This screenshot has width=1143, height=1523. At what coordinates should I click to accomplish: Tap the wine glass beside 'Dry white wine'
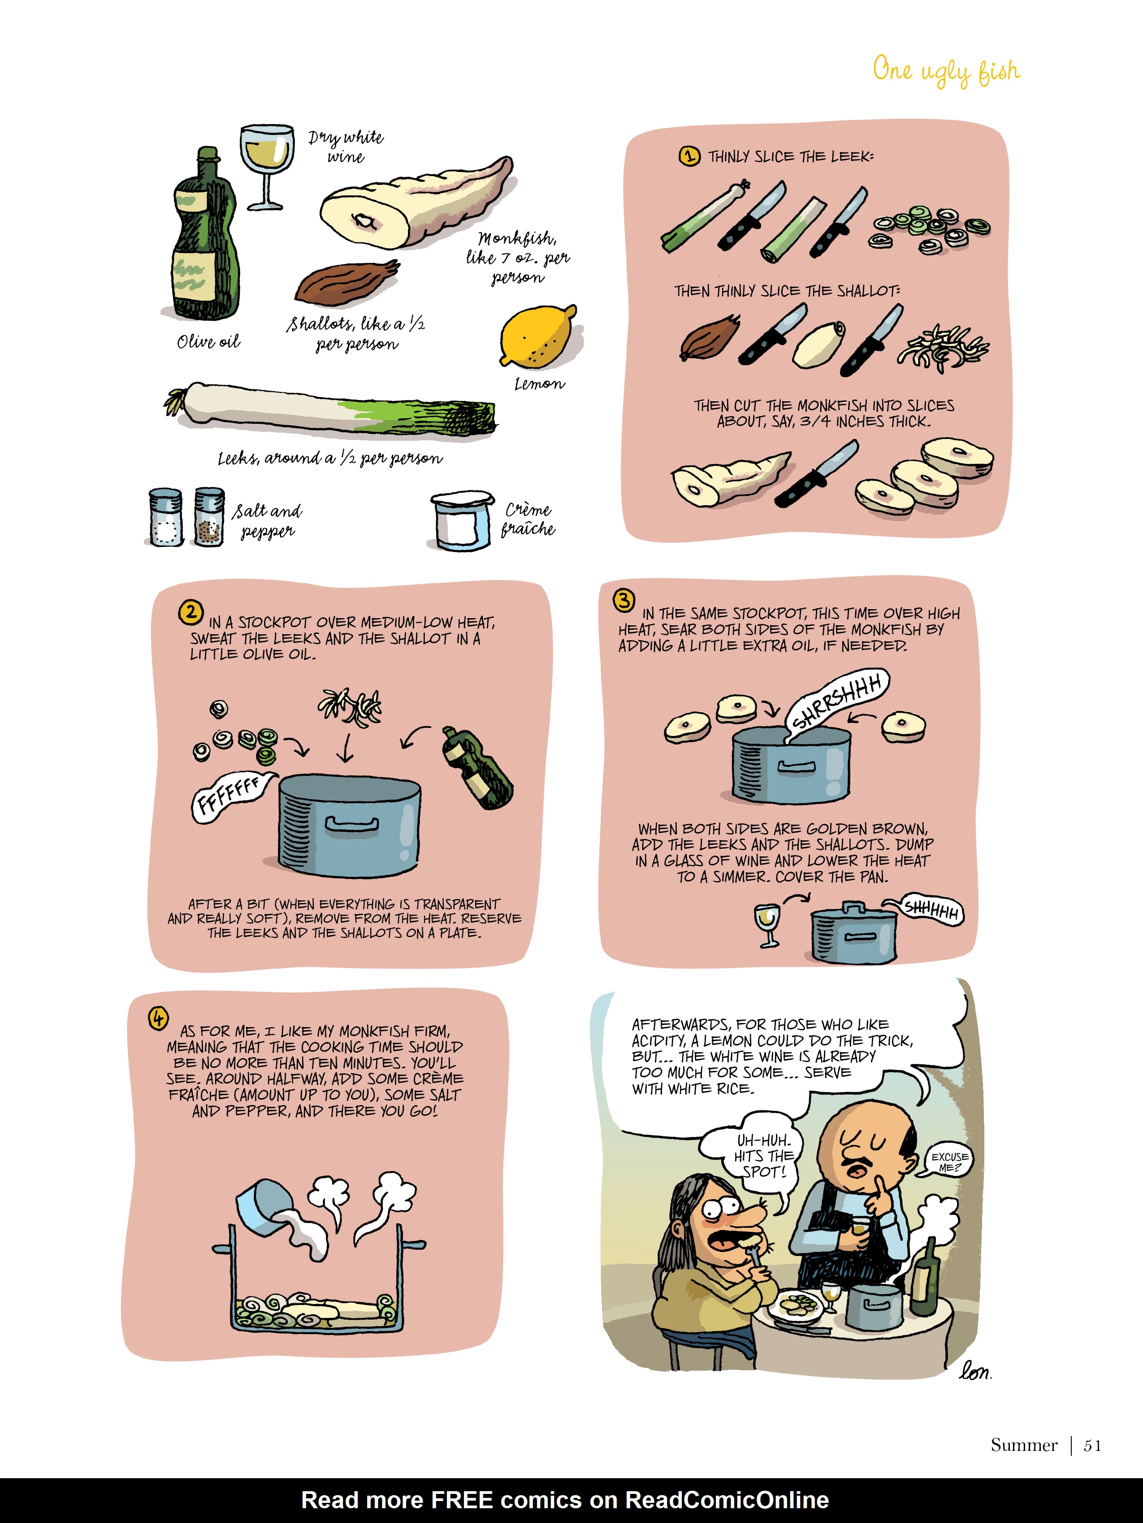coord(265,162)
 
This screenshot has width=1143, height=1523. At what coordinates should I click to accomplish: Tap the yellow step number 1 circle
coord(689,156)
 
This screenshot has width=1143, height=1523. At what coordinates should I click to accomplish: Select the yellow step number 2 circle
coord(190,612)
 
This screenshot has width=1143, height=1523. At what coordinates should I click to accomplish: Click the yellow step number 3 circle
coord(624,600)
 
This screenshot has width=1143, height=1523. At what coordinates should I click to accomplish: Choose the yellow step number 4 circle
coord(159,1018)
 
